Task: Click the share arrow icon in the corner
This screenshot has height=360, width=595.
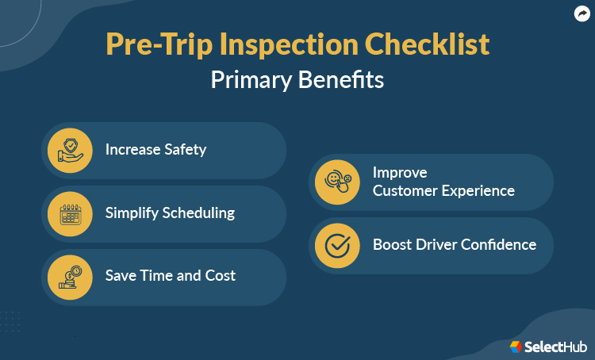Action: (x=581, y=13)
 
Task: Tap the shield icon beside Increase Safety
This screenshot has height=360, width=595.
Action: (x=70, y=150)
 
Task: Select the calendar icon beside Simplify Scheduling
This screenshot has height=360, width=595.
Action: (x=70, y=213)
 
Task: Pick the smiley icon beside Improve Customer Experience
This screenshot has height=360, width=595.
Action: (x=337, y=182)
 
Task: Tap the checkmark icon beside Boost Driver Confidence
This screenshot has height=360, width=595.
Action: (x=337, y=245)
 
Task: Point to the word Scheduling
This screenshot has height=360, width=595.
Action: (x=199, y=213)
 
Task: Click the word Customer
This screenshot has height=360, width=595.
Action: (x=405, y=191)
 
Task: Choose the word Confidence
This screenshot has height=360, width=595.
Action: (x=497, y=244)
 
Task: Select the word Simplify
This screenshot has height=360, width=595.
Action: (x=132, y=213)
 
